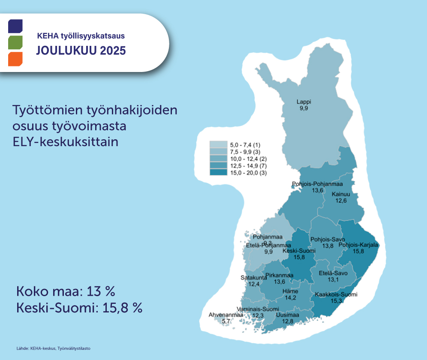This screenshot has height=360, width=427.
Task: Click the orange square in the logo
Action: click(15, 59)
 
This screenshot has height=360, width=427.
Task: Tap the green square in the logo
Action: click(15, 42)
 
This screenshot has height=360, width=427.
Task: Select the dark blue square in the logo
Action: click(15, 26)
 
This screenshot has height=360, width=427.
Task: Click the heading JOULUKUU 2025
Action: click(81, 51)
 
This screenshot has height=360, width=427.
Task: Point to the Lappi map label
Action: click(304, 102)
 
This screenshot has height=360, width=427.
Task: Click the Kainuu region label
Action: click(341, 194)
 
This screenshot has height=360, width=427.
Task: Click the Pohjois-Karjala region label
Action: click(358, 245)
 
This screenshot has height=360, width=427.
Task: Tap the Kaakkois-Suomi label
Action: click(336, 294)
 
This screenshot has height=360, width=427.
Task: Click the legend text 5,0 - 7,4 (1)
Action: click(245, 145)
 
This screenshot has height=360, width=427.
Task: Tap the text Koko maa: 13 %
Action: click(66, 292)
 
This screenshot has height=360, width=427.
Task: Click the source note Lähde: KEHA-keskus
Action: click(54, 348)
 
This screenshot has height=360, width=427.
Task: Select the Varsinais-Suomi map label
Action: click(258, 309)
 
